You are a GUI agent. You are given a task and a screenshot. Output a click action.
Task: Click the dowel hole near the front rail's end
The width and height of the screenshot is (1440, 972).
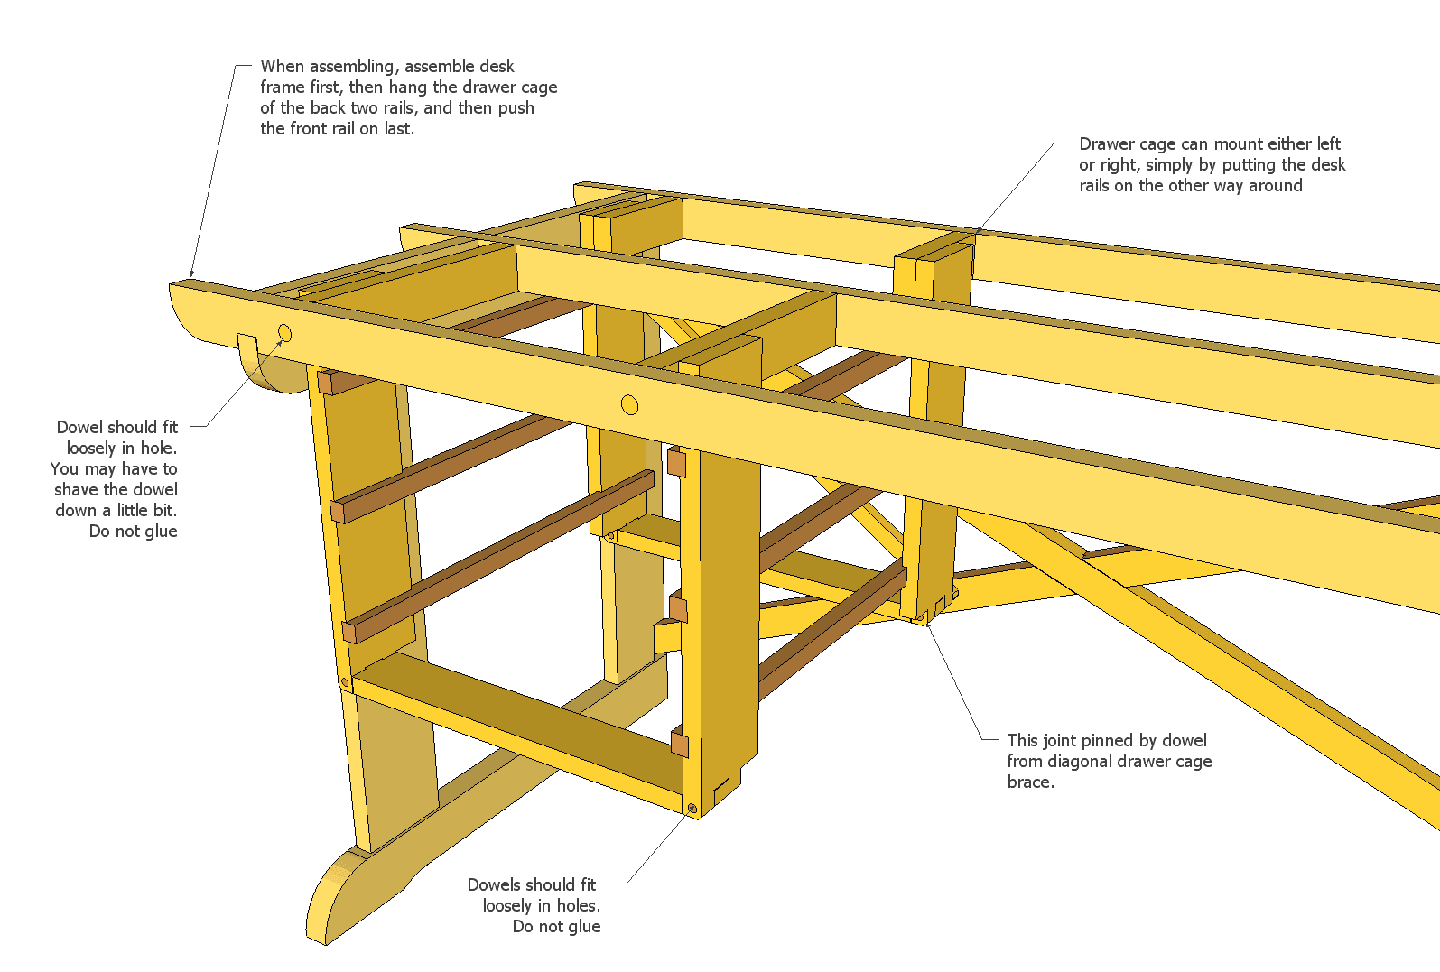(x=284, y=333)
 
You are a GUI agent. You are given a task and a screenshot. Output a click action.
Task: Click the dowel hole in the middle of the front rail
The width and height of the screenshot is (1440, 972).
(x=630, y=404)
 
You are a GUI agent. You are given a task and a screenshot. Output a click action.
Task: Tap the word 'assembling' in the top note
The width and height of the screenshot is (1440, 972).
(x=353, y=67)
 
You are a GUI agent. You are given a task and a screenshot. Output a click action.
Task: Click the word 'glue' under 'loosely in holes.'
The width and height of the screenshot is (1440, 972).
(x=582, y=927)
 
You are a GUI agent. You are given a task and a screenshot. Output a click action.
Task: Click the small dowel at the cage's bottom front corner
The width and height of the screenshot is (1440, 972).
(x=692, y=809)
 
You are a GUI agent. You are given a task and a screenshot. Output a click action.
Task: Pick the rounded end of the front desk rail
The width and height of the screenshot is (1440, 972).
(x=194, y=311)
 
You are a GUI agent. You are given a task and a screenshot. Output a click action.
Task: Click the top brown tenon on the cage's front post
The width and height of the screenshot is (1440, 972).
(x=676, y=463)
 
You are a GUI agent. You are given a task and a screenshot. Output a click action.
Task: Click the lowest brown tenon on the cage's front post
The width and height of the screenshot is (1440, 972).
(x=680, y=745)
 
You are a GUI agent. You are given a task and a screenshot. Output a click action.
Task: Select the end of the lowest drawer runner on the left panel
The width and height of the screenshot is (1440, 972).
(x=349, y=630)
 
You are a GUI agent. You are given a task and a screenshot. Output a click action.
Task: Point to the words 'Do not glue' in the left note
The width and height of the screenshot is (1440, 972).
(x=133, y=532)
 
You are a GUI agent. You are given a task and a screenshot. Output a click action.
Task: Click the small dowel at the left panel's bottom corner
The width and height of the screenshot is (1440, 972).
(x=344, y=683)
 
